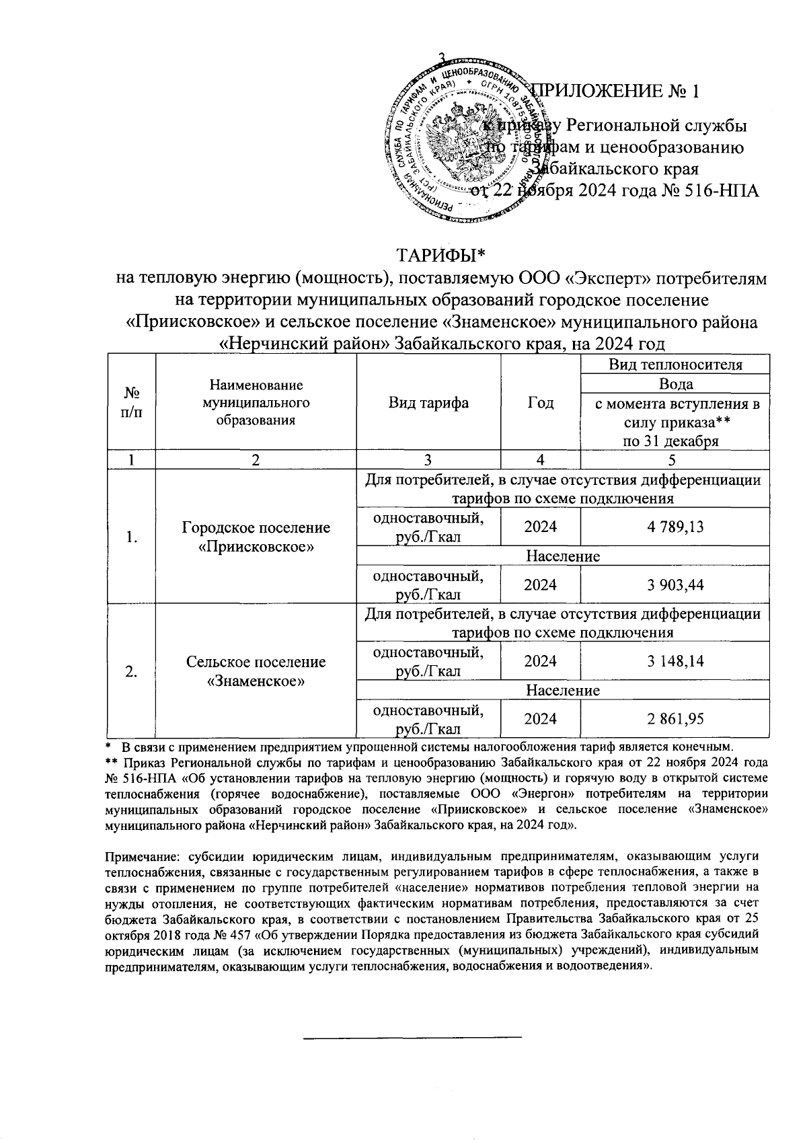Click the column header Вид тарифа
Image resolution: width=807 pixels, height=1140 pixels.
428,403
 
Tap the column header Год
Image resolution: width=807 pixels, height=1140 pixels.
540,403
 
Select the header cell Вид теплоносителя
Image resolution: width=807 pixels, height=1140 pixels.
675,365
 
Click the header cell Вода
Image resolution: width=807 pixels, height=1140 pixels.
675,384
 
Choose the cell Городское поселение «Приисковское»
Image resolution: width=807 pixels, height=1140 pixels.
256,537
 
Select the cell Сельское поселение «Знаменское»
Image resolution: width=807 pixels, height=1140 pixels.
256,671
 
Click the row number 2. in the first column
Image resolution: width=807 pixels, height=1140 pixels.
132,671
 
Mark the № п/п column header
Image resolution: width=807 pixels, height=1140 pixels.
132,402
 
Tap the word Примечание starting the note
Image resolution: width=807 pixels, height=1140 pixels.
140,856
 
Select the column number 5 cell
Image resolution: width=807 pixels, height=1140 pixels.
675,460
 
